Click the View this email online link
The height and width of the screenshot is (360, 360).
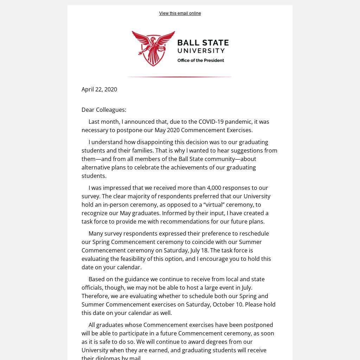pyautogui.click(x=180, y=13)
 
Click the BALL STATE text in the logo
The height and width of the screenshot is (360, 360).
pyautogui.click(x=203, y=43)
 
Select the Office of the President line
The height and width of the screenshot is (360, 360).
pyautogui.click(x=200, y=60)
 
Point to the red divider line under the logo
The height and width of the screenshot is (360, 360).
pyautogui.click(x=179, y=77)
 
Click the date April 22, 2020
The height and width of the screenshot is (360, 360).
pyautogui.click(x=99, y=89)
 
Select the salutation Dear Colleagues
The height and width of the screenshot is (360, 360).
pyautogui.click(x=104, y=110)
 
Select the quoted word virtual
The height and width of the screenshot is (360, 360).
pyautogui.click(x=214, y=205)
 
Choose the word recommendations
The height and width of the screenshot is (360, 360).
pyautogui.click(x=189, y=221)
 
